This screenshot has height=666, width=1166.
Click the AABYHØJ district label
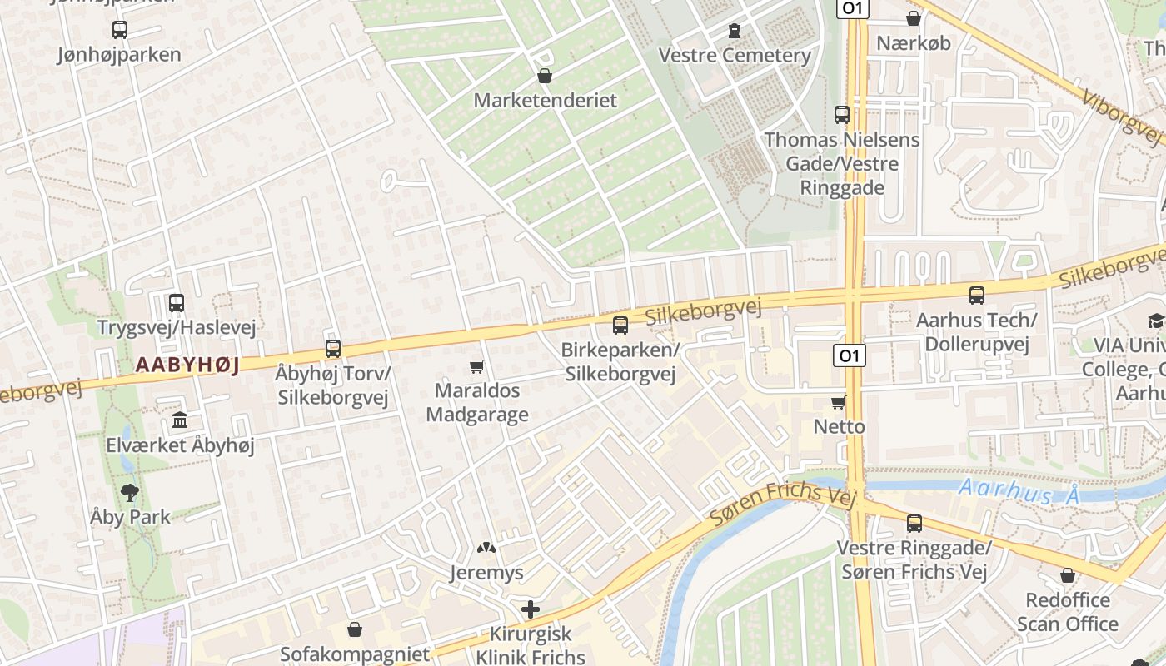187,365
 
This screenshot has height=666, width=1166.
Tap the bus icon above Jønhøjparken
120,30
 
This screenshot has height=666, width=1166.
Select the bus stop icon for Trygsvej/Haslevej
177,303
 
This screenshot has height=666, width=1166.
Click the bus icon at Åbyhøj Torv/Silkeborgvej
333,349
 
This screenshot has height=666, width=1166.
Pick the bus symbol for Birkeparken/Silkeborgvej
620,326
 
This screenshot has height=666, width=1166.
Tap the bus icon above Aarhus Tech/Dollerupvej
977,295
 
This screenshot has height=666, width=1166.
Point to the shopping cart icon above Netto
839,403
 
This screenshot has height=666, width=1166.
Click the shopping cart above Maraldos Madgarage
477,366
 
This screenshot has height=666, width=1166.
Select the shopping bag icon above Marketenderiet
545,77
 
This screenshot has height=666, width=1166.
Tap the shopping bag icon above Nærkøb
914,18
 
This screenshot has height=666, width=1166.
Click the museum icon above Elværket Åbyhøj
180,420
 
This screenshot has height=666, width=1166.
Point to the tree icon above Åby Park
130,492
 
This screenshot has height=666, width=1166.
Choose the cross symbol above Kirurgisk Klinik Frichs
531,609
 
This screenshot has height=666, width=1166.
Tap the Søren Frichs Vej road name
782,504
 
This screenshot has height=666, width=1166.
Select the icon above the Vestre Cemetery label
734,31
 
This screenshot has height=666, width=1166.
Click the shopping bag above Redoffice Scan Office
1068,575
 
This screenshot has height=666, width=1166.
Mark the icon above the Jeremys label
486,549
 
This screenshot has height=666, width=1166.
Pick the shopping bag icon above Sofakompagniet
355,629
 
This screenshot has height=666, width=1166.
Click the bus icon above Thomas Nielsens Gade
842,115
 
